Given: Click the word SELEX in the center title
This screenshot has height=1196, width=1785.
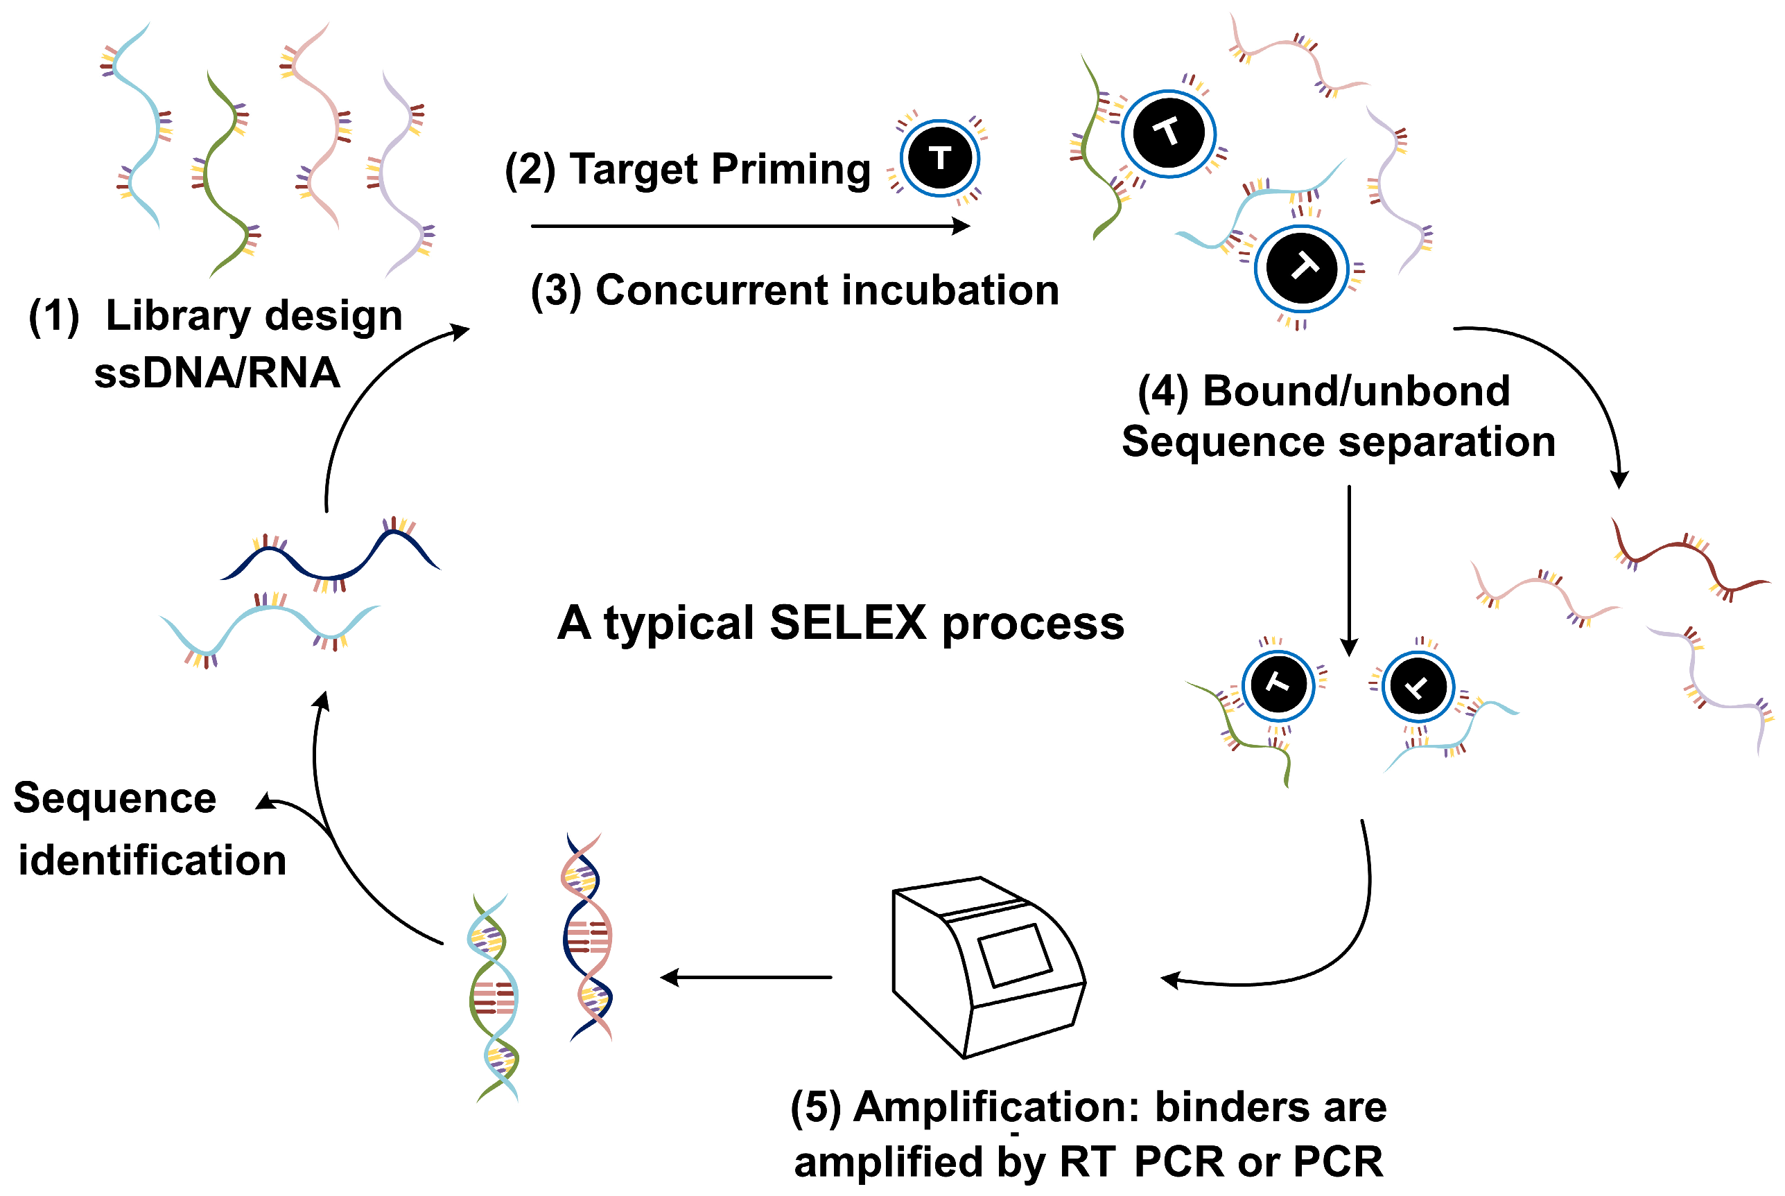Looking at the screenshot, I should coord(846,623).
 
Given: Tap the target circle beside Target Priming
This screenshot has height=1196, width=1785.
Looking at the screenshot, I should coord(939,158).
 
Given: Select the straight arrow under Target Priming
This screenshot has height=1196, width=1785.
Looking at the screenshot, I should coord(747,226).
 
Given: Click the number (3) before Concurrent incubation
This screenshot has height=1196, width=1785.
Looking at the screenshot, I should coord(555,291).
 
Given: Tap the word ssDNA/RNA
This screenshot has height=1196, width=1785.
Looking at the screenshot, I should coord(217,373).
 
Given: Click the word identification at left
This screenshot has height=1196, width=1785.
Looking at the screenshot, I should coord(152,861).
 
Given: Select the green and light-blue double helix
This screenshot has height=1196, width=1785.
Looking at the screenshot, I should coord(494,999).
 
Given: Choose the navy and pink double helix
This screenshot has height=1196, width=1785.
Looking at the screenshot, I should coord(587,938).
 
